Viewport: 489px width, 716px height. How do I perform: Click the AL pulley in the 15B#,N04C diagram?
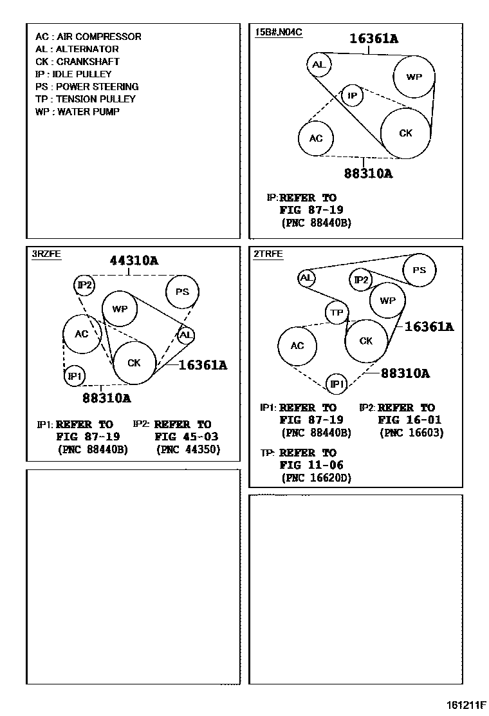[318, 64]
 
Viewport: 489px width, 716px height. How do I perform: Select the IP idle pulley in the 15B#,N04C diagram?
[352, 96]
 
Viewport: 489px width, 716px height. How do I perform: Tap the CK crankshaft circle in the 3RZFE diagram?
[134, 363]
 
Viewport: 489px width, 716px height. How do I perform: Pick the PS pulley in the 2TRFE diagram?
[419, 270]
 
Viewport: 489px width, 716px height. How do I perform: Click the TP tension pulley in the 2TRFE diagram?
[337, 313]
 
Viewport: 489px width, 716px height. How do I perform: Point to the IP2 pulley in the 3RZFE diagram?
[84, 285]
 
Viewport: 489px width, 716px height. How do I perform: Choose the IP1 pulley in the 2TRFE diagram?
[337, 384]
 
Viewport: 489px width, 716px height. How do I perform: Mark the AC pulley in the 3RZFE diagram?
[82, 334]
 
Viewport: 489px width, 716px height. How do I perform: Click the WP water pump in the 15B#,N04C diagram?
[414, 77]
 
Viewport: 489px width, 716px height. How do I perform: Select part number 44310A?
[134, 261]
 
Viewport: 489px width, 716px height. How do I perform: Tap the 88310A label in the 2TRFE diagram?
[405, 373]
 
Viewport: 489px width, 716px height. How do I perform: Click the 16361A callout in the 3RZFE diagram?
[203, 365]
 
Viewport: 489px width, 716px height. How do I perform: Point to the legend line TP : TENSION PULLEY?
[86, 99]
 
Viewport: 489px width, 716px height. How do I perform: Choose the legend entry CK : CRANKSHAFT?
[77, 62]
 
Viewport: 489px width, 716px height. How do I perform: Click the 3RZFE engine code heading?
[46, 254]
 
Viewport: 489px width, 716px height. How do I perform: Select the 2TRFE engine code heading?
[268, 254]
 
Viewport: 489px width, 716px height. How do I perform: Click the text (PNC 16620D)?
[317, 478]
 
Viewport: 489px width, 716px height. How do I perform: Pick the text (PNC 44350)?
[188, 449]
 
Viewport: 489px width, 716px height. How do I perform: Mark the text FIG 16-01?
[409, 420]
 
